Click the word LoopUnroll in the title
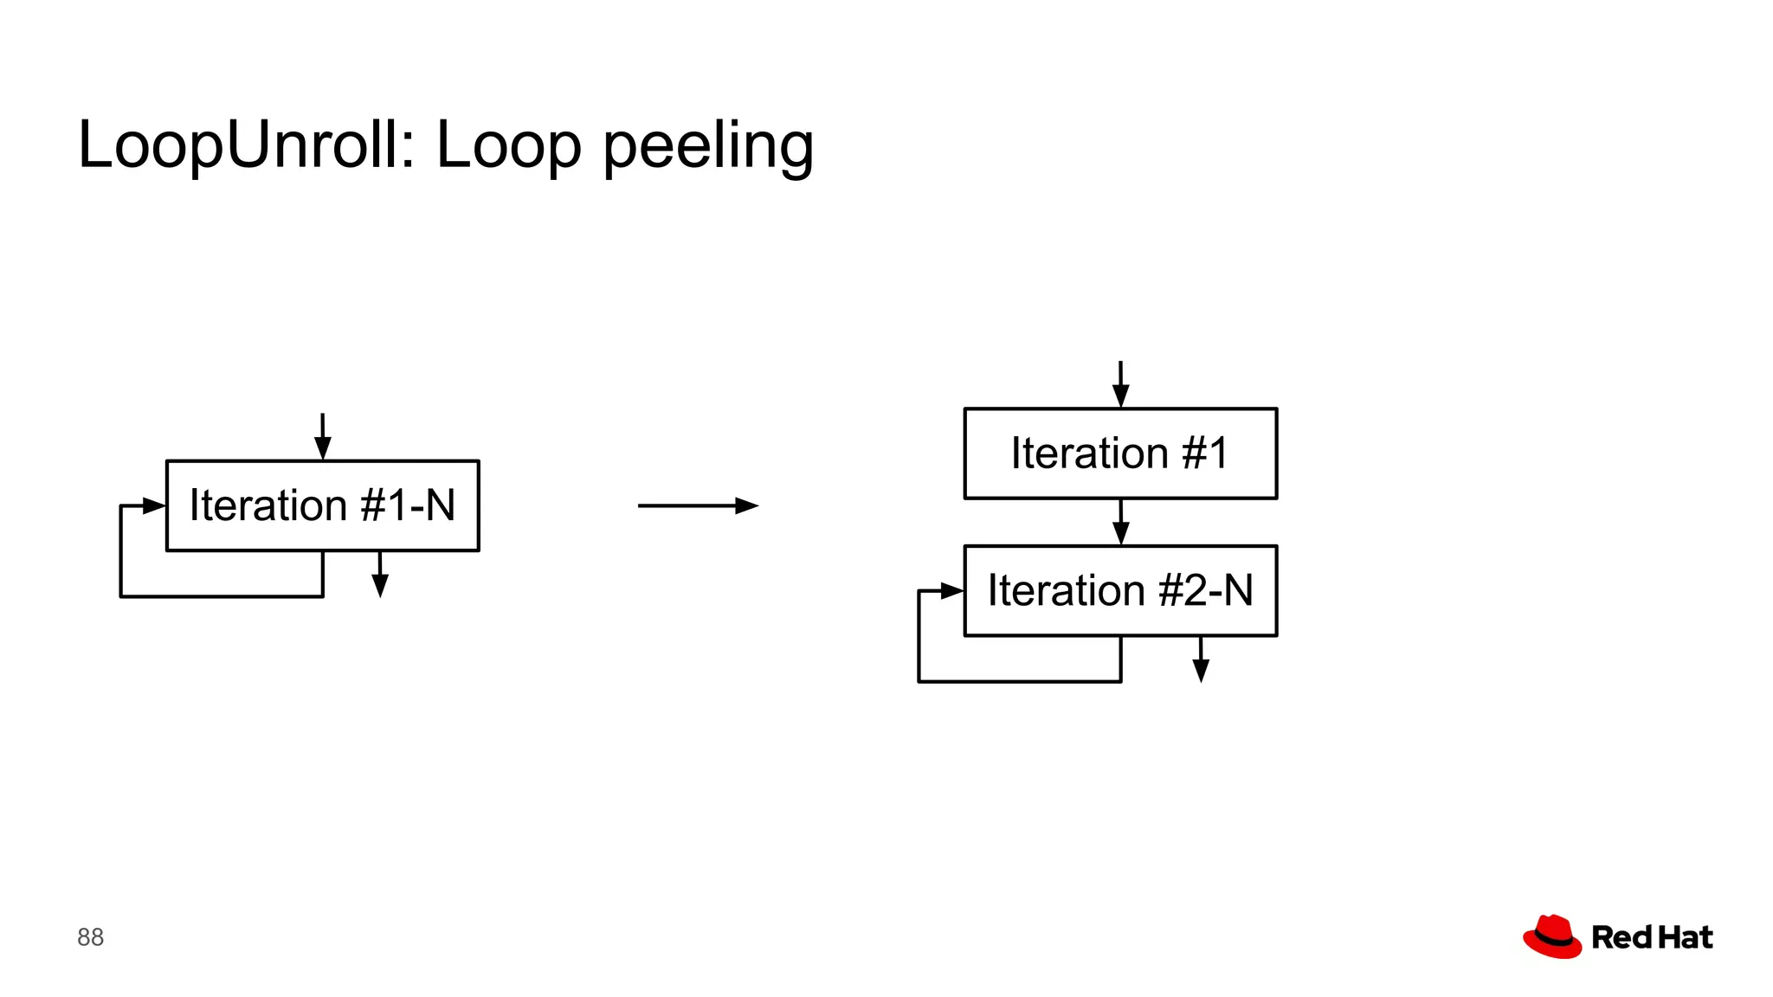pos(237,145)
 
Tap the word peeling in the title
pos(708,146)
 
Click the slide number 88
pos(90,937)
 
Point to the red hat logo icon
pos(1552,936)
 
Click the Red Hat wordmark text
pos(1652,937)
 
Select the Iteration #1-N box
pos(322,505)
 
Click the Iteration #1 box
pos(1120,453)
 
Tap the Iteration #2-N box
pos(1120,591)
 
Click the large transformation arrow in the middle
pos(698,505)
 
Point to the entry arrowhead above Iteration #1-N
pos(323,447)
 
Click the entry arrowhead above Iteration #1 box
pos(1120,396)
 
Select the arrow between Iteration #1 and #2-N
pos(1120,523)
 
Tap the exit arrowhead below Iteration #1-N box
pos(380,586)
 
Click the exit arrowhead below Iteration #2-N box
pos(1201,671)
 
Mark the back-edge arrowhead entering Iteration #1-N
pos(154,505)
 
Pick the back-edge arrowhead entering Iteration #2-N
pos(952,591)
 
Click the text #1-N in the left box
pos(408,505)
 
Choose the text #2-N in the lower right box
pos(1206,591)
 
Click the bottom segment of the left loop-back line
pos(222,596)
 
